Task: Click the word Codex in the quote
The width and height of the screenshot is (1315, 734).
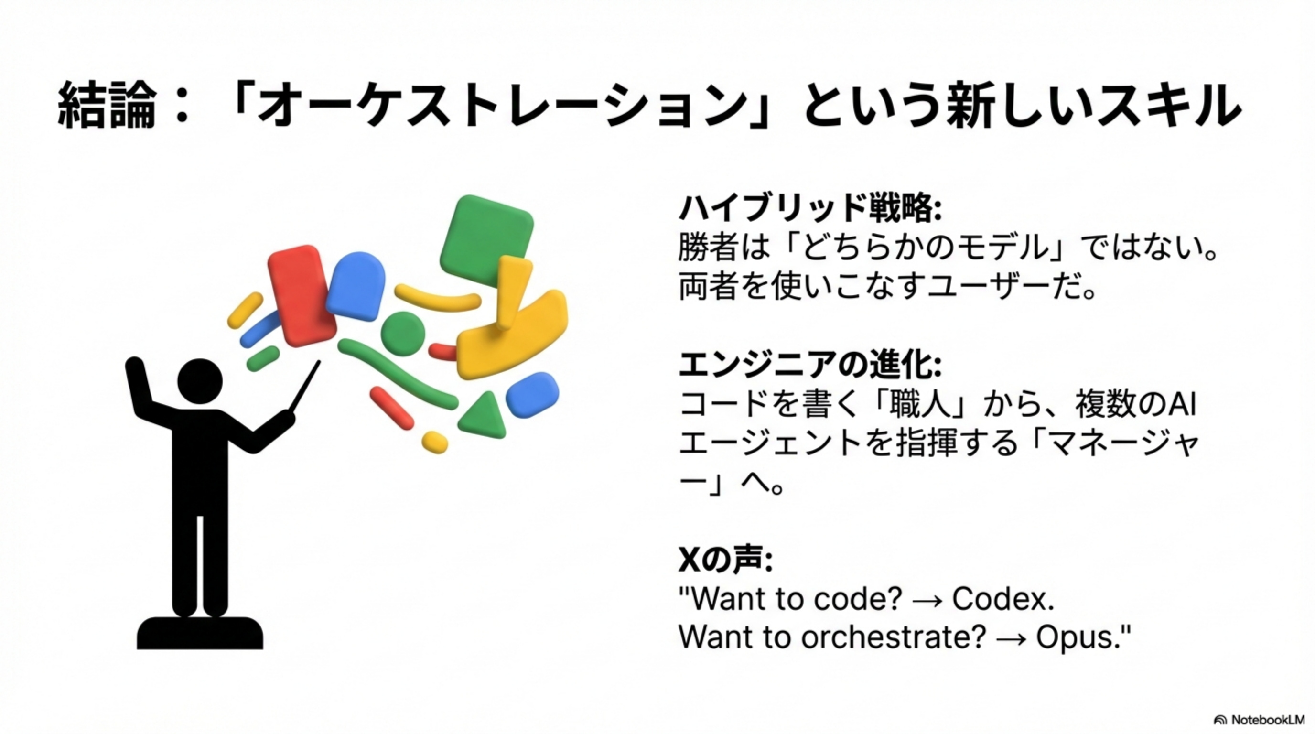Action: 1003,598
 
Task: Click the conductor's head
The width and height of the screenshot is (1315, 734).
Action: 200,381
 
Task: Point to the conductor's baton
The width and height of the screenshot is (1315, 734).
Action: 305,387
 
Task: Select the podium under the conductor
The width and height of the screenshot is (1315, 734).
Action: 200,633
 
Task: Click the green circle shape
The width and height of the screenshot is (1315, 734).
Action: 403,334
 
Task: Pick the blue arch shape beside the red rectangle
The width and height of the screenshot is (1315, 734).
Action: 356,286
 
